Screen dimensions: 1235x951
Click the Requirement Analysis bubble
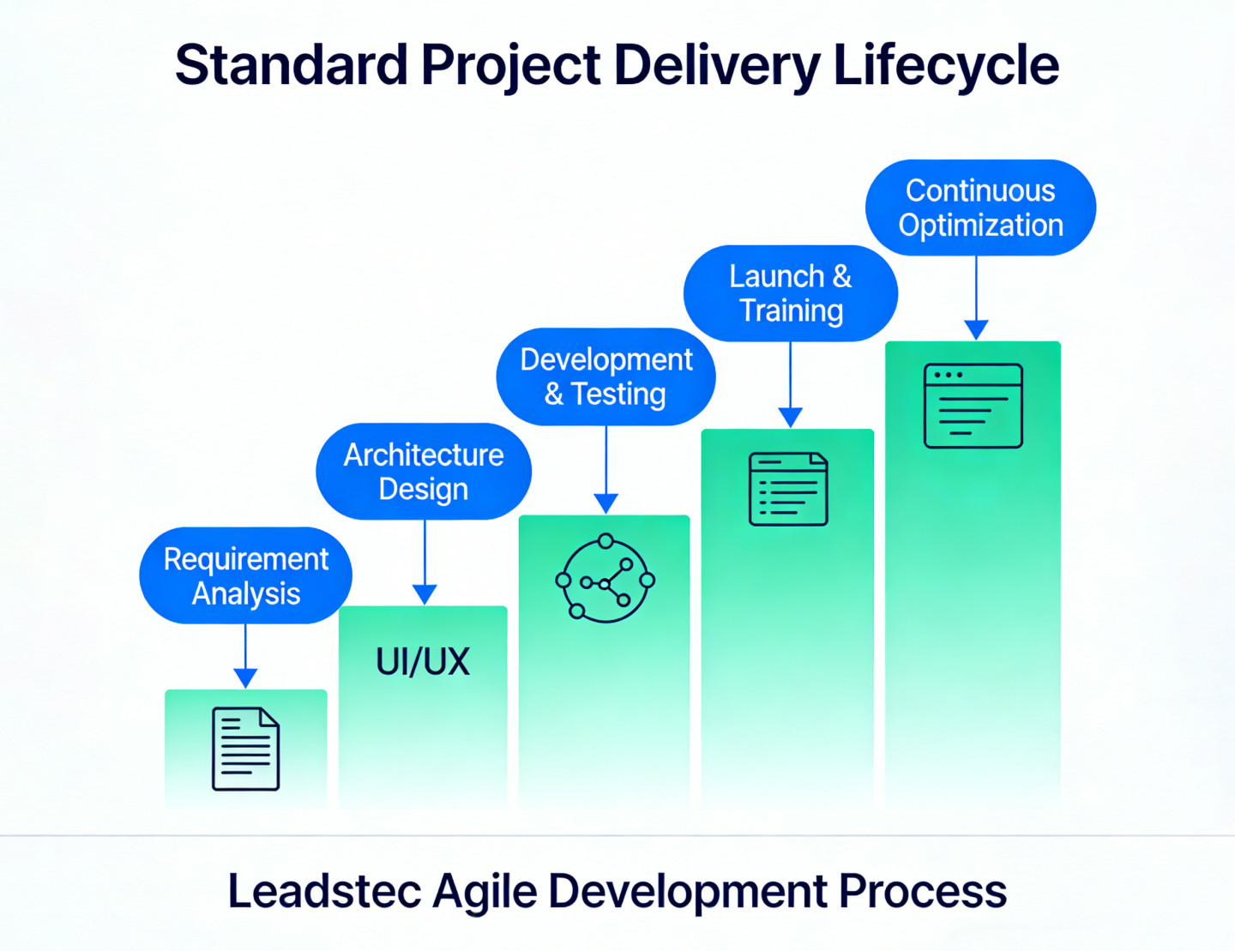coord(245,575)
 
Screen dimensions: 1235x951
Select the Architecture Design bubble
coord(424,471)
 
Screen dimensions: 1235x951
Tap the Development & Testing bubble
coord(605,376)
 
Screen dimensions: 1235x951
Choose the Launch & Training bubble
coord(791,293)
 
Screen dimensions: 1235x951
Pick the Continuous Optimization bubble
coord(980,208)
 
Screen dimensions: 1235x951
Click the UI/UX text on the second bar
coord(423,661)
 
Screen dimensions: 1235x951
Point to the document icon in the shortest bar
coord(245,749)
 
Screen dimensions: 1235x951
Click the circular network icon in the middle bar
coord(605,578)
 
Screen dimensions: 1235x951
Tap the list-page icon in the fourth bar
coord(788,489)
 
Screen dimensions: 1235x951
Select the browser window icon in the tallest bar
coord(973,406)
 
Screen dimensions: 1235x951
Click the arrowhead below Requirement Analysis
coord(245,678)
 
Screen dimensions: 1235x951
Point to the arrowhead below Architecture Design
coord(425,595)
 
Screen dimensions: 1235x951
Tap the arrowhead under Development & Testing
coord(605,504)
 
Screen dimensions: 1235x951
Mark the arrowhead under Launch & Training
coord(791,418)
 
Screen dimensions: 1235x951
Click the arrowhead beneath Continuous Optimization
coord(976,330)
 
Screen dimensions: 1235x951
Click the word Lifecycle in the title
coord(946,67)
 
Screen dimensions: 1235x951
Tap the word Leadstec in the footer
coord(324,891)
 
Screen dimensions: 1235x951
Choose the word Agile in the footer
coord(485,893)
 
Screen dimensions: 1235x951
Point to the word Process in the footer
coord(923,891)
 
